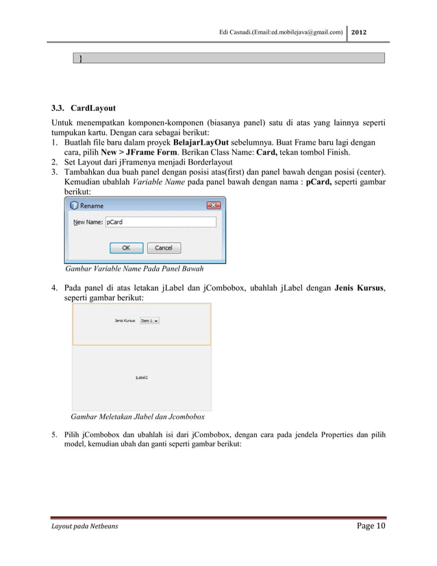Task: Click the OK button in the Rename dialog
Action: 127,247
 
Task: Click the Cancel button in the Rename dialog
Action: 163,247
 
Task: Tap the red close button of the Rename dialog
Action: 213,205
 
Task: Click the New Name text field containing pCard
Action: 161,222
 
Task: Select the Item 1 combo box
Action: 149,320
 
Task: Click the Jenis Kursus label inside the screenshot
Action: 125,320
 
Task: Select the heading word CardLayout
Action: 93,108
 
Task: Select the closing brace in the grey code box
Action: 81,58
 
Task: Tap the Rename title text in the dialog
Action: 92,206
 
